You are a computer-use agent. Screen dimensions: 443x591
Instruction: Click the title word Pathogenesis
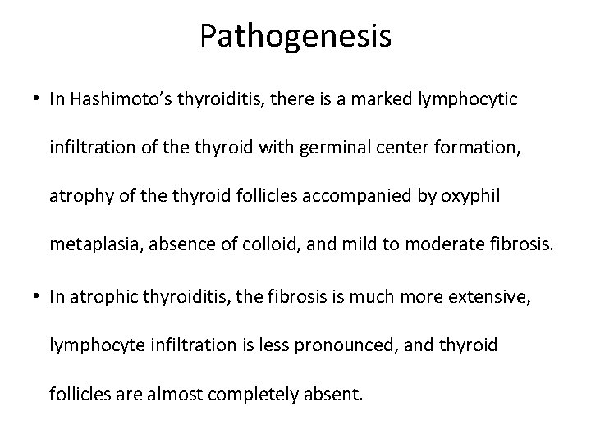(295, 37)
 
